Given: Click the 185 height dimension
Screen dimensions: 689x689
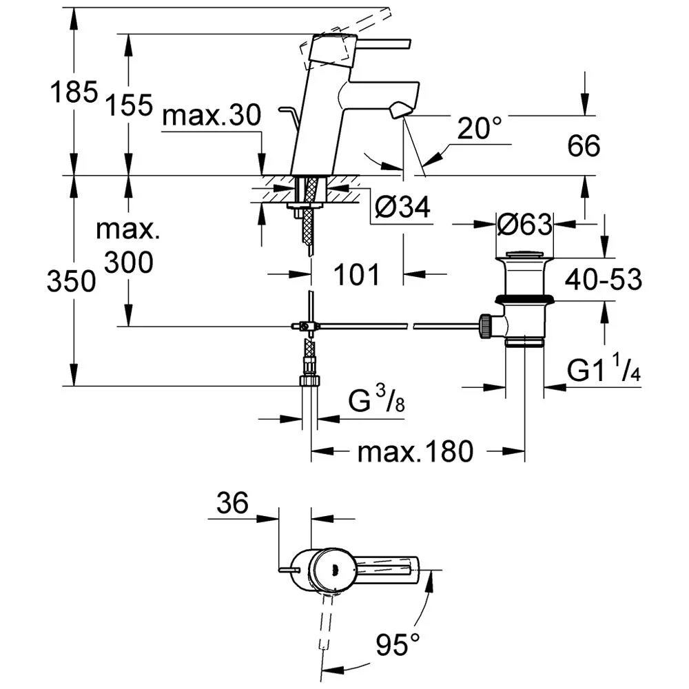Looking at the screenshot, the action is coord(74,92).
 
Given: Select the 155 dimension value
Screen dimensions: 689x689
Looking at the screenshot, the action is coord(130,105).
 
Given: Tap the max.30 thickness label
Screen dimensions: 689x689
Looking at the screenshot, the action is coord(212,116).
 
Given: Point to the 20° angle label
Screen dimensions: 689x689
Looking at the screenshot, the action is coord(480,128).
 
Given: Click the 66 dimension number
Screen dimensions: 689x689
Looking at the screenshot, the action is coord(584,145).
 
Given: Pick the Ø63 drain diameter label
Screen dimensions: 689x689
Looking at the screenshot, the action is coord(524,225).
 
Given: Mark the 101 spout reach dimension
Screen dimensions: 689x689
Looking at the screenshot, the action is coord(356,275).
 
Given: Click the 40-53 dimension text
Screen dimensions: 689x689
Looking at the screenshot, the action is coord(603,279).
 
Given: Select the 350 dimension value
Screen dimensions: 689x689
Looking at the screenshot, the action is coord(71,281).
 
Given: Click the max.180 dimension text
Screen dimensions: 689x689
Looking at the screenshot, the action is coord(415,451).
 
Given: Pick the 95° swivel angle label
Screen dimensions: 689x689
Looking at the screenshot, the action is coord(398,644).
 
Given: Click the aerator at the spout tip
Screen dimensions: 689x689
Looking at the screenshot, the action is coord(400,110).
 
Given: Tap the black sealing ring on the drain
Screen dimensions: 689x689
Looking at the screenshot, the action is coord(524,300).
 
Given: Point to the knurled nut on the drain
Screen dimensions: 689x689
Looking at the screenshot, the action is coord(485,326).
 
